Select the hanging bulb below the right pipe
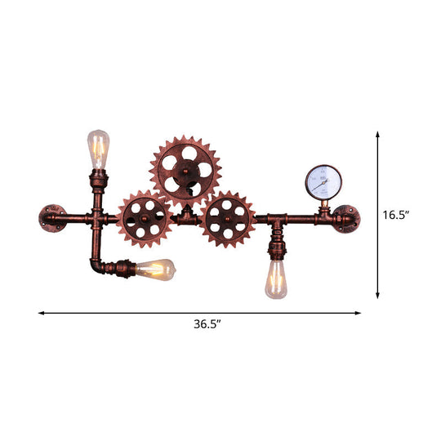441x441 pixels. (x=275, y=278)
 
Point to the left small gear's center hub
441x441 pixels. (x=145, y=219)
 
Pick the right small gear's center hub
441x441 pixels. (x=229, y=219)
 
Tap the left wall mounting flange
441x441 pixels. (x=51, y=219)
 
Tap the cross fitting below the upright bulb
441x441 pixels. (x=98, y=219)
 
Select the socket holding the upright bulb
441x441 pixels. (x=98, y=177)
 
